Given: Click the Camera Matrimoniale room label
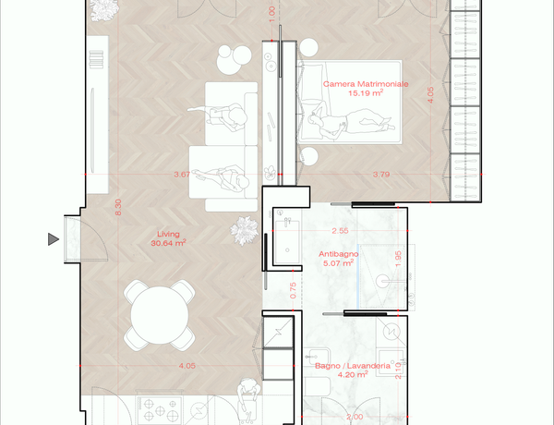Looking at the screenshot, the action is pos(366,84).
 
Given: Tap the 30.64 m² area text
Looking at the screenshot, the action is pos(169,243).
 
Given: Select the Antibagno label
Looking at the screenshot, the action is pos(339,254).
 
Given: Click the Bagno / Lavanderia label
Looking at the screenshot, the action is pos(353,366).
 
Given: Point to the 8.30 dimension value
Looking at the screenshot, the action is pos(118,207).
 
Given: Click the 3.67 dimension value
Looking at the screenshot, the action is pos(182,175).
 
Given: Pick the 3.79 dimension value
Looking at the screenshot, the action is pos(381,175).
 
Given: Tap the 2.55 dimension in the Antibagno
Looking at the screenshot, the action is pos(340,231).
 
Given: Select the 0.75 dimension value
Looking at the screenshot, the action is pos(293,290).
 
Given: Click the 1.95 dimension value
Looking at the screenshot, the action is pos(398,259).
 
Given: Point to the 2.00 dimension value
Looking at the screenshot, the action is pos(355,418).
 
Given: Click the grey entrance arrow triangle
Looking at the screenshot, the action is pos(54,239).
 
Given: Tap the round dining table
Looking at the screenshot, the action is pos(160,315).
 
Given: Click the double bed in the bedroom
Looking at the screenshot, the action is pos(350,103).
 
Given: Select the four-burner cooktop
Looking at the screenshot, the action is pos(160,410).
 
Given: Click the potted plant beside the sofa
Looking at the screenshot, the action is pos(244,231).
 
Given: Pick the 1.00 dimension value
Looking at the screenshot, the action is pos(271,14).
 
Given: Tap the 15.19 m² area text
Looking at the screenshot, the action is pos(366,93).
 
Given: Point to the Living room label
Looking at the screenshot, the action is pos(168,234).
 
